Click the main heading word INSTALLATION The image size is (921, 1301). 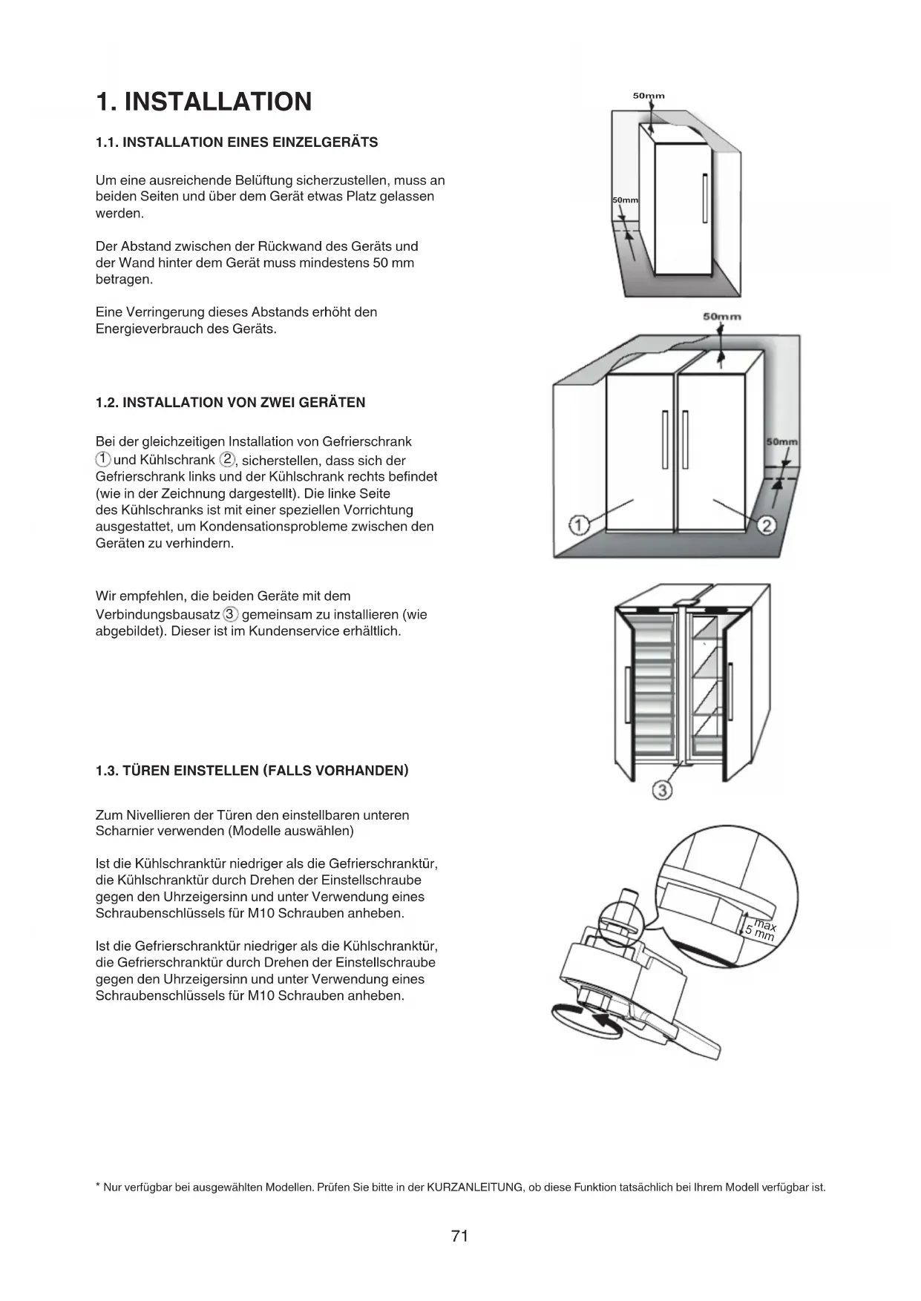click(x=217, y=102)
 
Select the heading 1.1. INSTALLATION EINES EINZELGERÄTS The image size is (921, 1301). click(x=237, y=142)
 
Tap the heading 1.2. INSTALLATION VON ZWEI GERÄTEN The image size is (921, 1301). click(x=230, y=403)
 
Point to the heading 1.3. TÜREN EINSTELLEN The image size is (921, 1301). click(x=252, y=771)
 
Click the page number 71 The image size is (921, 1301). click(x=459, y=1236)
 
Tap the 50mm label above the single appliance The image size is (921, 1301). click(x=649, y=96)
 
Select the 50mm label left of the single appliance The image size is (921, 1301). click(x=625, y=201)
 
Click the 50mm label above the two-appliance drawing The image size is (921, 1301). click(x=721, y=317)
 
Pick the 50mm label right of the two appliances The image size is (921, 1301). click(x=781, y=442)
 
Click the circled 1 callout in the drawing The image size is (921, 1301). click(x=578, y=526)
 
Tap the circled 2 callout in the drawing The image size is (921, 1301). click(x=767, y=526)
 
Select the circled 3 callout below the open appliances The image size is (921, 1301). click(x=662, y=791)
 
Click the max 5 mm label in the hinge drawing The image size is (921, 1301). click(x=761, y=931)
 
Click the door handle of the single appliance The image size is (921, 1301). click(x=704, y=197)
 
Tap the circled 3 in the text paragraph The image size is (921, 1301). click(x=231, y=614)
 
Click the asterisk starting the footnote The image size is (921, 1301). click(x=98, y=1187)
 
